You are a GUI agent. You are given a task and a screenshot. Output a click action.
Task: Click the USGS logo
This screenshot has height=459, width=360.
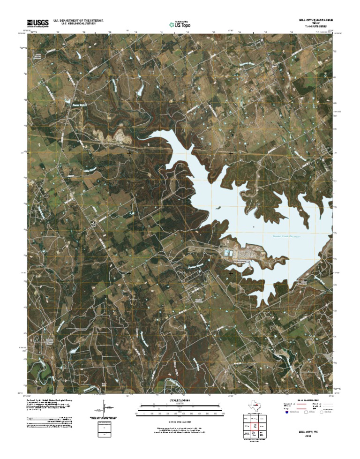point(37,23)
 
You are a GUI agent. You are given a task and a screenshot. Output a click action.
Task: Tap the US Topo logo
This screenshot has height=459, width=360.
point(180,24)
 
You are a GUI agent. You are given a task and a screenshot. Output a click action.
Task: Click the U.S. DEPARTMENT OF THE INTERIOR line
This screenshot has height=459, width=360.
point(78,21)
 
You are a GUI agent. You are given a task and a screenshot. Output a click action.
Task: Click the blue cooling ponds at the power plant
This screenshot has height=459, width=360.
point(228,253)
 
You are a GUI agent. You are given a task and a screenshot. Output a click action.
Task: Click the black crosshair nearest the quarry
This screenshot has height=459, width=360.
point(129,153)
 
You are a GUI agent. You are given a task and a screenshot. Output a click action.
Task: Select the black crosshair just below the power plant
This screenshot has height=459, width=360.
point(231,272)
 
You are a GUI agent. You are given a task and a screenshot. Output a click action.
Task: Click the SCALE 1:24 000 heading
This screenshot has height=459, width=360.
point(180,400)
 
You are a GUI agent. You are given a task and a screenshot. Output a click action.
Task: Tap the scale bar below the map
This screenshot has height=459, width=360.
point(180,408)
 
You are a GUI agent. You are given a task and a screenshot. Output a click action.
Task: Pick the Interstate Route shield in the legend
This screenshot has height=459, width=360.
point(286,413)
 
